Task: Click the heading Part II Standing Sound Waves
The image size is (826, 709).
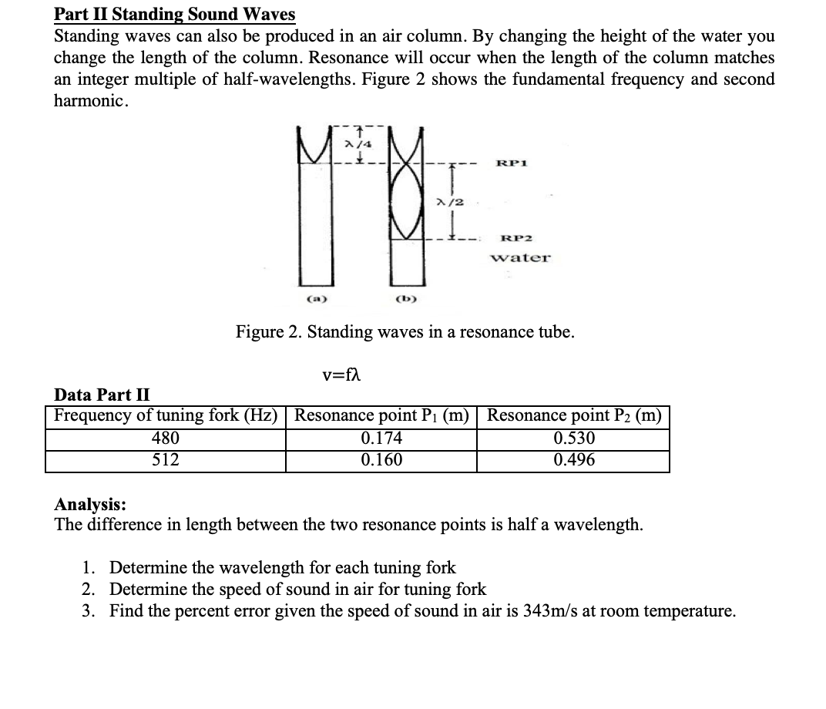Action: pyautogui.click(x=174, y=15)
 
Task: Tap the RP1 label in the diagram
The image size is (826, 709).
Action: pyautogui.click(x=512, y=163)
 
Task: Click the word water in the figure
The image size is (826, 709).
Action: pyautogui.click(x=521, y=257)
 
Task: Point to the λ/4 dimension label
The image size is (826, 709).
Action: pyautogui.click(x=354, y=143)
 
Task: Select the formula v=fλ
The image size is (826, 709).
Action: pyautogui.click(x=342, y=375)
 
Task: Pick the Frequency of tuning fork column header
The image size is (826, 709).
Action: pyautogui.click(x=165, y=416)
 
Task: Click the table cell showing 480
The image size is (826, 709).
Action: pyautogui.click(x=165, y=439)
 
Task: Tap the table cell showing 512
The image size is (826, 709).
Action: pyautogui.click(x=165, y=460)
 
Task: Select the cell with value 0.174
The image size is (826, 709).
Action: pyautogui.click(x=381, y=439)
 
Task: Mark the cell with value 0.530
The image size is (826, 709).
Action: pyautogui.click(x=574, y=439)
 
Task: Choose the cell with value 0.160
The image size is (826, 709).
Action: pyautogui.click(x=381, y=460)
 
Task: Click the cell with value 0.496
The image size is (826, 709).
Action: pyautogui.click(x=574, y=460)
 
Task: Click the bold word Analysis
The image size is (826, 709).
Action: pyautogui.click(x=90, y=505)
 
